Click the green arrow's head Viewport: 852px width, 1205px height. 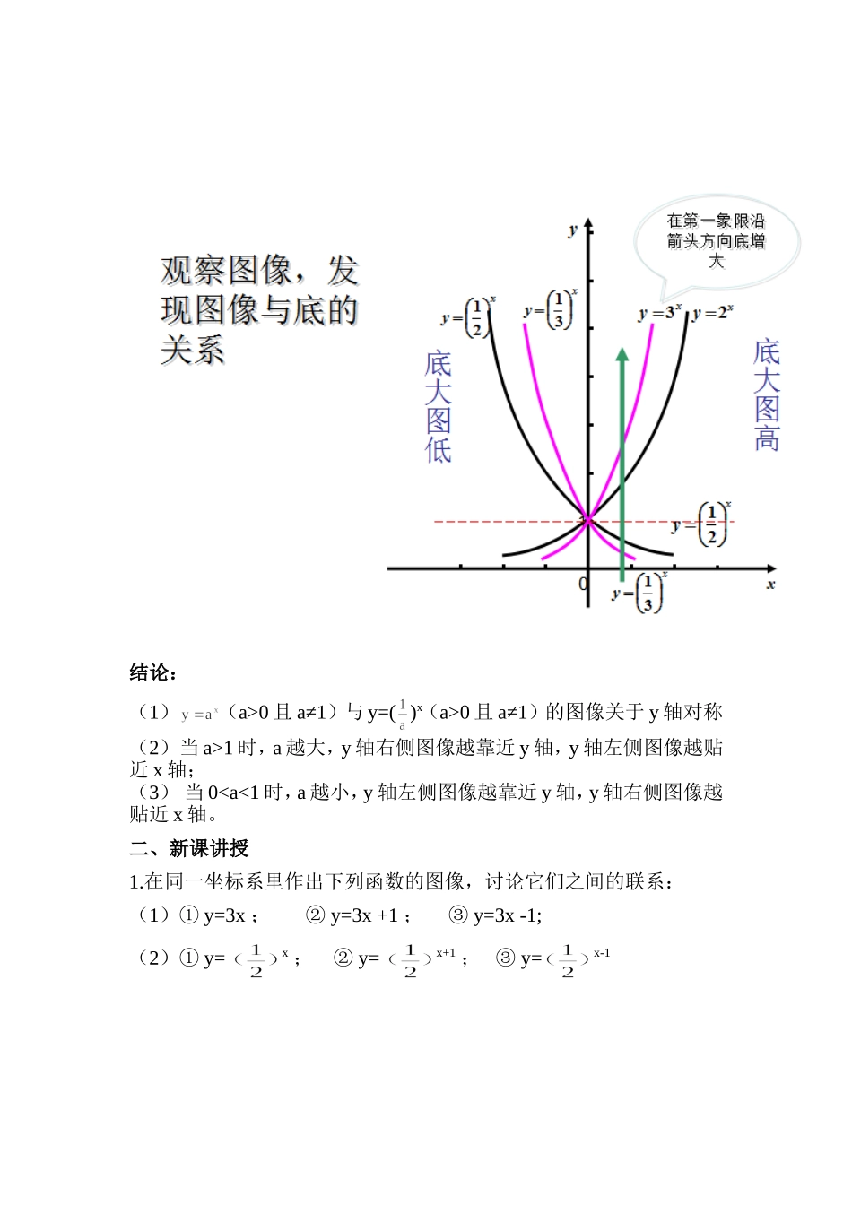(622, 355)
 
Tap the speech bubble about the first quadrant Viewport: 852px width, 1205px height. (716, 240)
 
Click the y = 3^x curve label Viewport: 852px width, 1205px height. (659, 313)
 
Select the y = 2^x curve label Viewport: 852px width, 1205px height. (713, 313)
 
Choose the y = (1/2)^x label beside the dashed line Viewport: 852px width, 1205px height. (702, 524)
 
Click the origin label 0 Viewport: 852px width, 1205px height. (583, 585)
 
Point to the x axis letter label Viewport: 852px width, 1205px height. (770, 585)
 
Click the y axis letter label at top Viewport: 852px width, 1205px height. (572, 230)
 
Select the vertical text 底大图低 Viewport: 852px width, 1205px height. (438, 406)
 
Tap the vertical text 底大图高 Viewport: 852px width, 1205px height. (767, 394)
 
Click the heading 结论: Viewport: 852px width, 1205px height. (153, 672)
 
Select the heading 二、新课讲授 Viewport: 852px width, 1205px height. (189, 848)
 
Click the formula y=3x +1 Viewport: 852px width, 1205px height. (364, 915)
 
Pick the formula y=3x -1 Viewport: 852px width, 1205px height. (507, 915)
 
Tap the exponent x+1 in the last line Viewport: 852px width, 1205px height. (446, 953)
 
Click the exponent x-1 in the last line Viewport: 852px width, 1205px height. (602, 953)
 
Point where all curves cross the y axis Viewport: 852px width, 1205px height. (588, 519)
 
